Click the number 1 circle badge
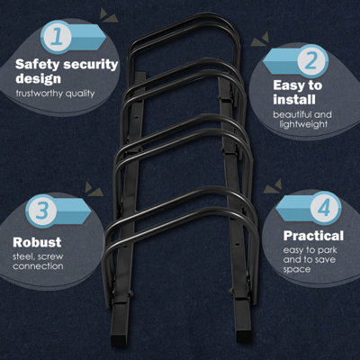pos(56,38)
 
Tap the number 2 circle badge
pos(309,60)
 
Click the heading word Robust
pos(38,242)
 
